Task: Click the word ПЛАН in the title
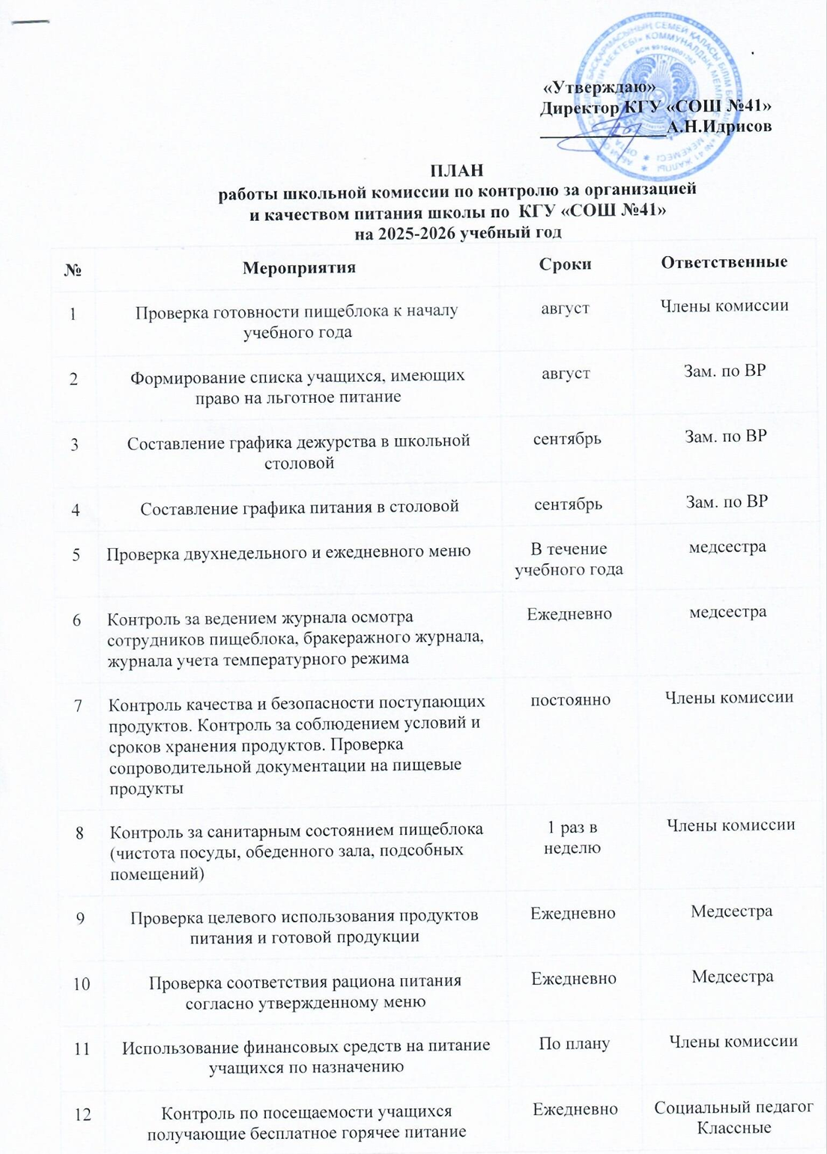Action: click(456, 171)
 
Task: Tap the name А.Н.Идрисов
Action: click(719, 127)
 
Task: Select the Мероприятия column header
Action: click(299, 267)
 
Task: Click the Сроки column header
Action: click(565, 264)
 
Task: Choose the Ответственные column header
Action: click(724, 262)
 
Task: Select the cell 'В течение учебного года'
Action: click(568, 559)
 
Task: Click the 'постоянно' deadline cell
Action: click(570, 700)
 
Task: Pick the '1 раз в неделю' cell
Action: click(572, 837)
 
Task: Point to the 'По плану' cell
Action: click(574, 1043)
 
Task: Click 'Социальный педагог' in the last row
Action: click(733, 1108)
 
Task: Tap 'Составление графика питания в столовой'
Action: click(300, 507)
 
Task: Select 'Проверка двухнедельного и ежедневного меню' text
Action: click(288, 552)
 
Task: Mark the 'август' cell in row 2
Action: click(566, 372)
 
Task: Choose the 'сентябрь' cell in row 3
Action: click(567, 438)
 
